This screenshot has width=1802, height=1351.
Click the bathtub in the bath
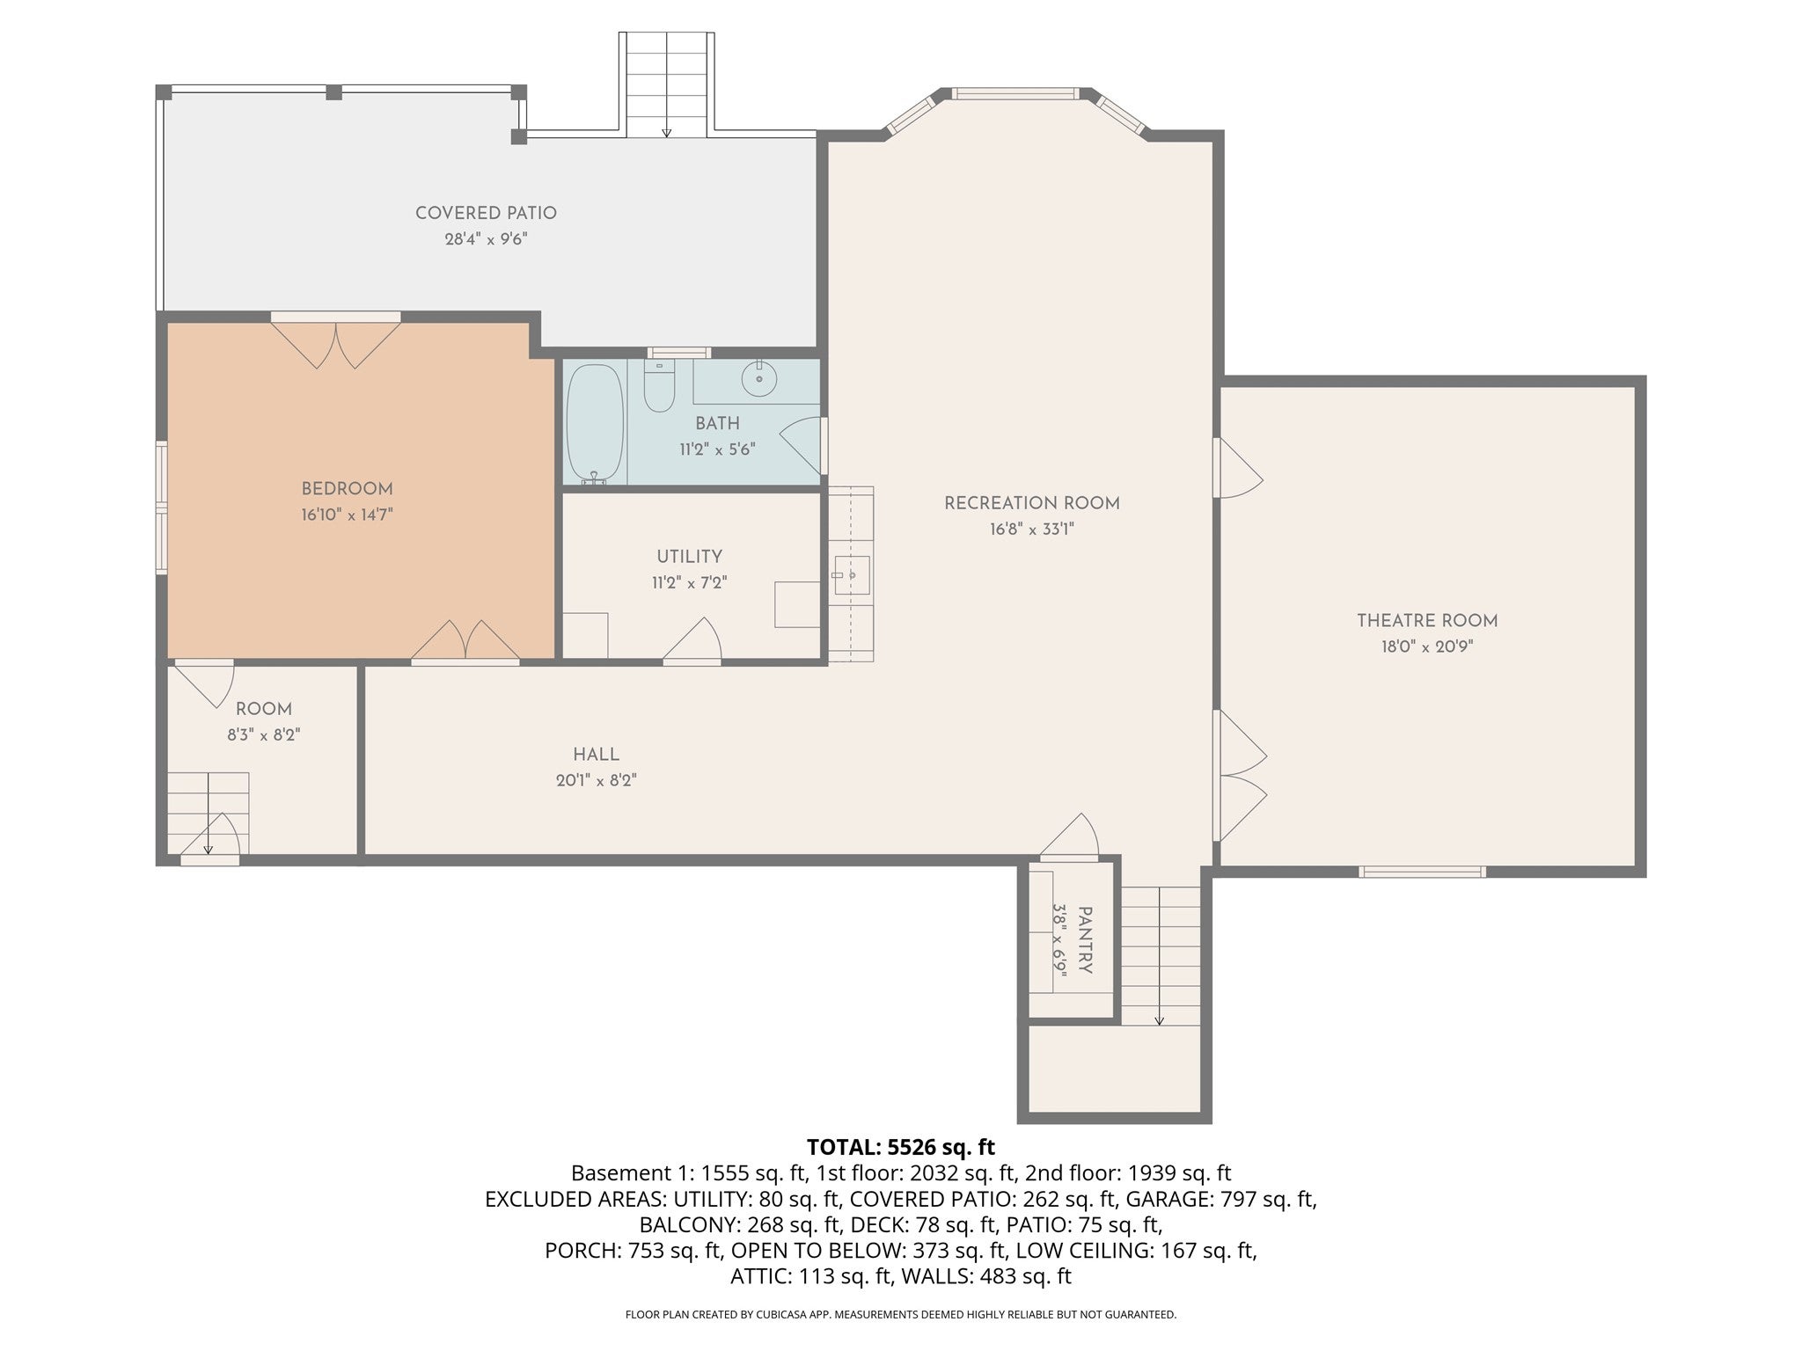coord(595,423)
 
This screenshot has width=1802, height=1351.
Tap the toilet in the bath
coord(659,385)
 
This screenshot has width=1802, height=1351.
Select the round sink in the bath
coord(758,380)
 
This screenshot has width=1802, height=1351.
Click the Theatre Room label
coord(1427,621)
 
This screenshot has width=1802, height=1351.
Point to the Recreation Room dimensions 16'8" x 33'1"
coord(1031,529)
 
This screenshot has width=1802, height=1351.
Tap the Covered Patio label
coord(486,213)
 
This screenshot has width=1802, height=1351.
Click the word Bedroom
coord(347,489)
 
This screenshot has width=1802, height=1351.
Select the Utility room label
coord(689,557)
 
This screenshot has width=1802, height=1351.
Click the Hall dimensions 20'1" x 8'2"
coord(596,780)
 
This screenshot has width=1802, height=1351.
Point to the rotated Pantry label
coord(1084,940)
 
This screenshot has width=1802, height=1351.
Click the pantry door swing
coord(1070,835)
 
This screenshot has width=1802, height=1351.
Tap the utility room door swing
coord(692,639)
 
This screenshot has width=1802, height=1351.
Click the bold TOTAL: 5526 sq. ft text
coord(901,1147)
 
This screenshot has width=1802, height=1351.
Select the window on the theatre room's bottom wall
coord(1422,872)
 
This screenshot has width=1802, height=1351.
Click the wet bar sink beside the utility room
coord(851,574)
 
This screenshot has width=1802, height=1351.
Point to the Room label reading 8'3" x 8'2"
coord(264,734)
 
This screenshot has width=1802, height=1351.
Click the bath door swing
coord(802,446)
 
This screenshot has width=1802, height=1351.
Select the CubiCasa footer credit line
coord(901,1314)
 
